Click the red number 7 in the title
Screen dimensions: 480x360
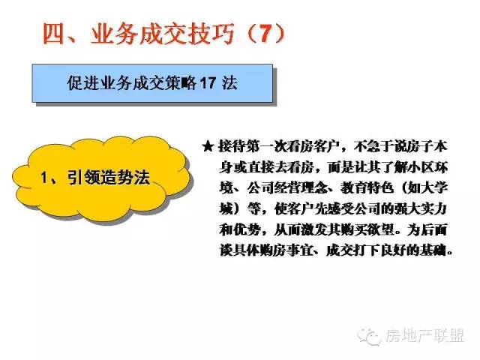265,33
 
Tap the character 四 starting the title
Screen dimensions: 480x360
54,34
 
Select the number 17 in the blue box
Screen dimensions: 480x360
208,83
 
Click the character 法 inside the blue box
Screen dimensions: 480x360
229,83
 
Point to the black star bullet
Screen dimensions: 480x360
208,146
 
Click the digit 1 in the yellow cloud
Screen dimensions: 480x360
44,178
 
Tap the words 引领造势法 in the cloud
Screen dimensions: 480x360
108,178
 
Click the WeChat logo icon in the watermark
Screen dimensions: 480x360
370,337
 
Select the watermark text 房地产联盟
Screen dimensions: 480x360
424,336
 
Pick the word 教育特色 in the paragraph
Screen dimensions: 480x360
367,187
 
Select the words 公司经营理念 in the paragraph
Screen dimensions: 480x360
286,187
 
